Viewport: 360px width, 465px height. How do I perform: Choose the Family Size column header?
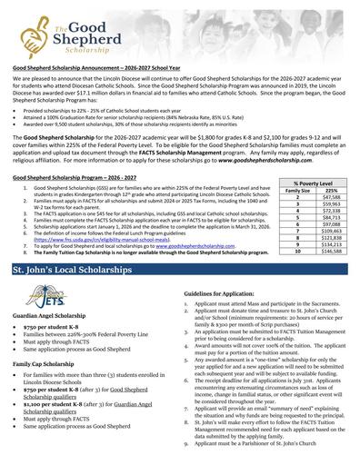296,190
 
